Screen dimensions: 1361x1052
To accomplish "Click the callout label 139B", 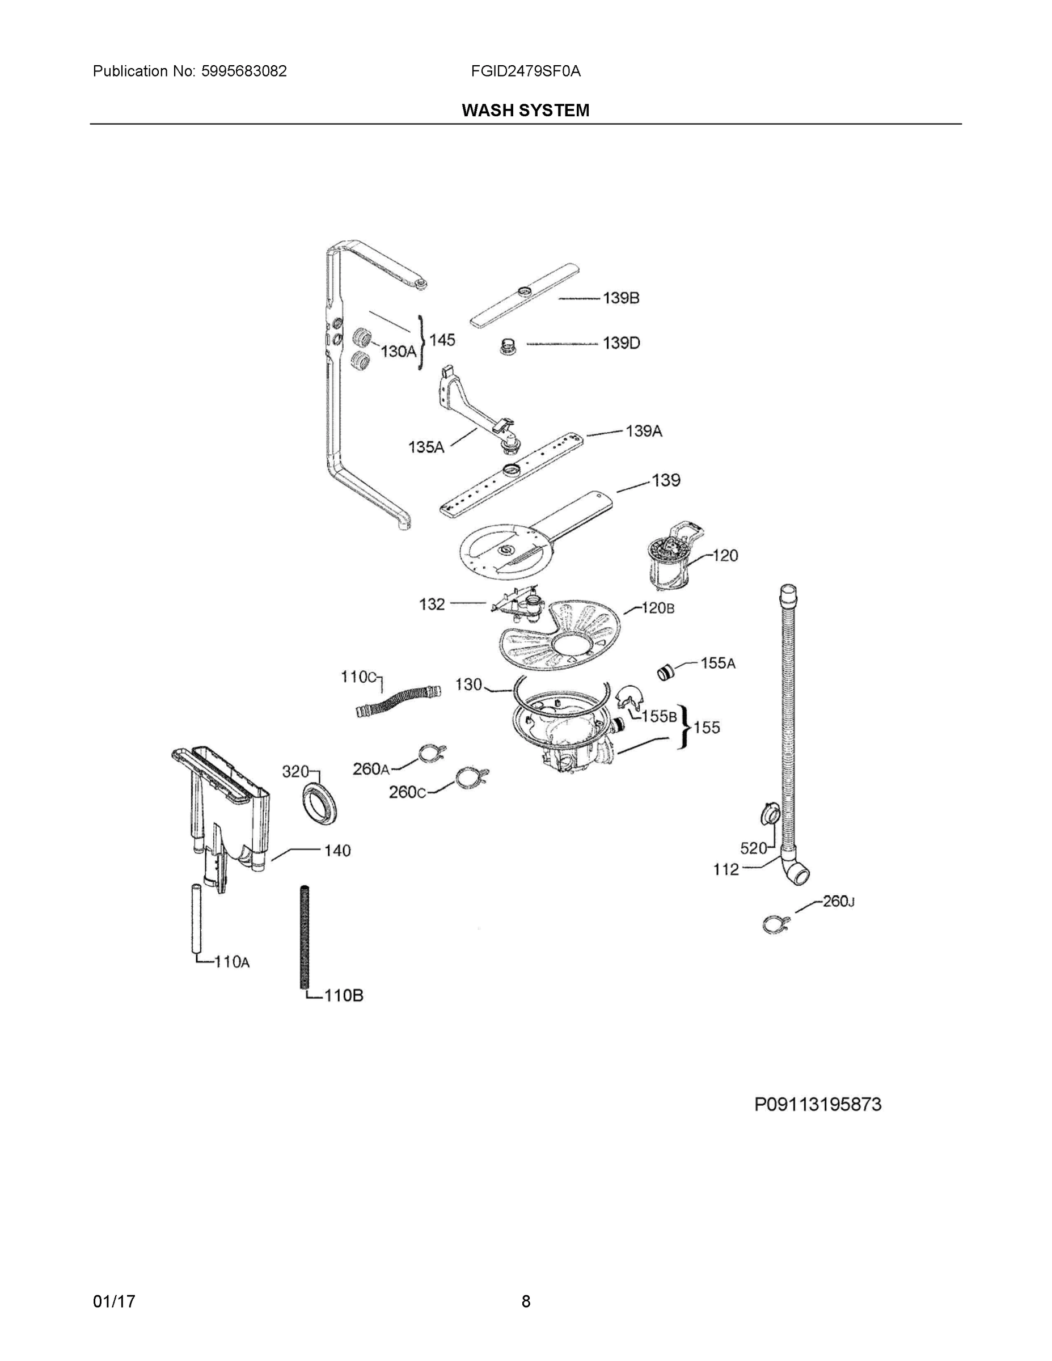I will (621, 298).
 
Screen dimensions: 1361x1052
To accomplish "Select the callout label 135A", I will (426, 447).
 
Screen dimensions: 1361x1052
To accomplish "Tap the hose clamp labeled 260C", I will (471, 777).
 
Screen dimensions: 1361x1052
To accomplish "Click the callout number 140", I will (337, 851).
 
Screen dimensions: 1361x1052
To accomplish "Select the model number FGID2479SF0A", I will (525, 71).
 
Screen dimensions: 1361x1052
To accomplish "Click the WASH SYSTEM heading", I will (525, 111).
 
